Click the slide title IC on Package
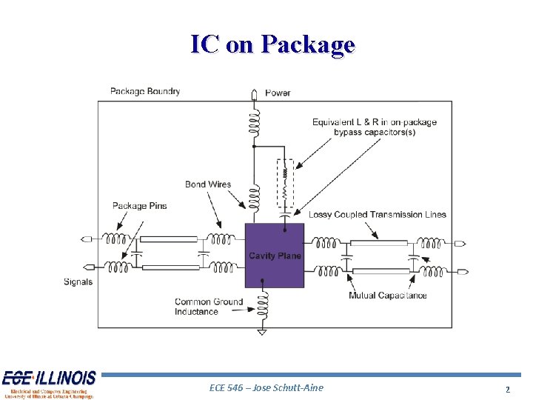coord(272,44)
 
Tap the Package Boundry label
coord(145,91)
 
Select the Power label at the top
coord(278,93)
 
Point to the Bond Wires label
coord(208,184)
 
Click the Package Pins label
coord(140,206)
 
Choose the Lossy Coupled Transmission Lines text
coord(377,215)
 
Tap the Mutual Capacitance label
coord(387,296)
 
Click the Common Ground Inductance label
coord(198,307)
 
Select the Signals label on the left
coord(78,281)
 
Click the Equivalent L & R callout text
coord(374,127)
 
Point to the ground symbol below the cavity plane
coord(261,333)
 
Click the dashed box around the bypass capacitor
coord(284,183)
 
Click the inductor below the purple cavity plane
coord(261,301)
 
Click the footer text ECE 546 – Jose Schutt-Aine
coord(266,387)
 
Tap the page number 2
coord(508,389)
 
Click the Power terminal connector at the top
coord(254,94)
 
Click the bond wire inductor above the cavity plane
coord(254,198)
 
